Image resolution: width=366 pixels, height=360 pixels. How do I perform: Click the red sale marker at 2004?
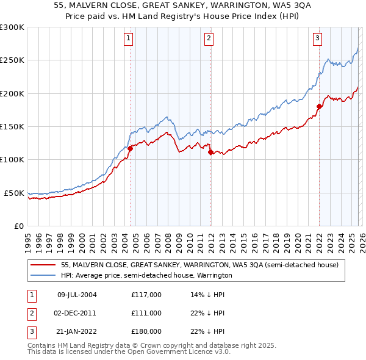[130, 148]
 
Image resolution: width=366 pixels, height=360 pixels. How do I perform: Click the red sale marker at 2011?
[210, 153]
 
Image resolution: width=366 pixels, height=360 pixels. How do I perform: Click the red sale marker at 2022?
[319, 106]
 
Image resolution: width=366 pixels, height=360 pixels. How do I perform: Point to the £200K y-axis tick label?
[12, 93]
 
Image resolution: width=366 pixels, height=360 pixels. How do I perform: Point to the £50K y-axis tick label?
[13, 193]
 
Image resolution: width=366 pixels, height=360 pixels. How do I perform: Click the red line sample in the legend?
[43, 265]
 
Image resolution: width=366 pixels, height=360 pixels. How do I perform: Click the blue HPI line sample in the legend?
[43, 275]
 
